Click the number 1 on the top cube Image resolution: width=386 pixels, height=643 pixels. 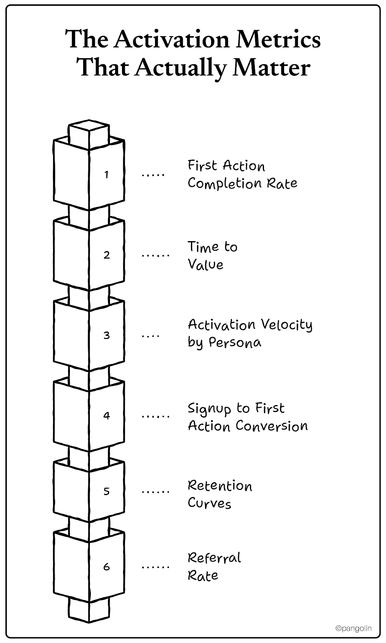(106, 174)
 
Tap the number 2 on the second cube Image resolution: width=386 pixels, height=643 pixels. (106, 255)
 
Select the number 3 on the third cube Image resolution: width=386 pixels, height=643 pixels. (106, 335)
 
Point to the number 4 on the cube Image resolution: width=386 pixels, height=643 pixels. (106, 416)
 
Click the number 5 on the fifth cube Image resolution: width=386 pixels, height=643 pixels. (106, 491)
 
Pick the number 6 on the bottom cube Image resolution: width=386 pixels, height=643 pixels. (106, 567)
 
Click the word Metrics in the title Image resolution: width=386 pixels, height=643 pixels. (278, 39)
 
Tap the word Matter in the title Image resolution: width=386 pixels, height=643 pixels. (272, 68)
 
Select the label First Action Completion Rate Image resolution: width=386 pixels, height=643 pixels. (242, 174)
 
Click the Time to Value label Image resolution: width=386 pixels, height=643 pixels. (213, 255)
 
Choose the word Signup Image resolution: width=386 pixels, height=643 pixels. (209, 409)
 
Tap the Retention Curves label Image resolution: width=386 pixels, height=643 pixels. (220, 494)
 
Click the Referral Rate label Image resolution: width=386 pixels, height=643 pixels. (214, 567)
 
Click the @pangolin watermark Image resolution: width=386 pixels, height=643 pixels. (353, 628)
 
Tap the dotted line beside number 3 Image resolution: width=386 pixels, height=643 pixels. (150, 335)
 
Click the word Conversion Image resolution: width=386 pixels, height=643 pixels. (272, 426)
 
